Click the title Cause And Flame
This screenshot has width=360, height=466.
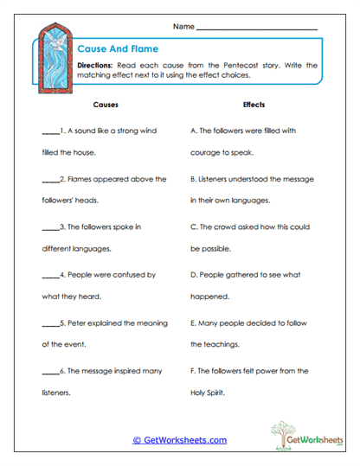pyautogui.click(x=111, y=50)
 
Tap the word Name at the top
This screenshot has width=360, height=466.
pyautogui.click(x=183, y=28)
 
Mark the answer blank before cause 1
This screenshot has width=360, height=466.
pyautogui.click(x=49, y=133)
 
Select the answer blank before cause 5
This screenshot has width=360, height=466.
pyautogui.click(x=49, y=324)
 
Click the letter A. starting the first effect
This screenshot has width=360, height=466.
pyautogui.click(x=194, y=131)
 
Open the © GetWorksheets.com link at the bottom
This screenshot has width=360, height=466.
pyautogui.click(x=180, y=440)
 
